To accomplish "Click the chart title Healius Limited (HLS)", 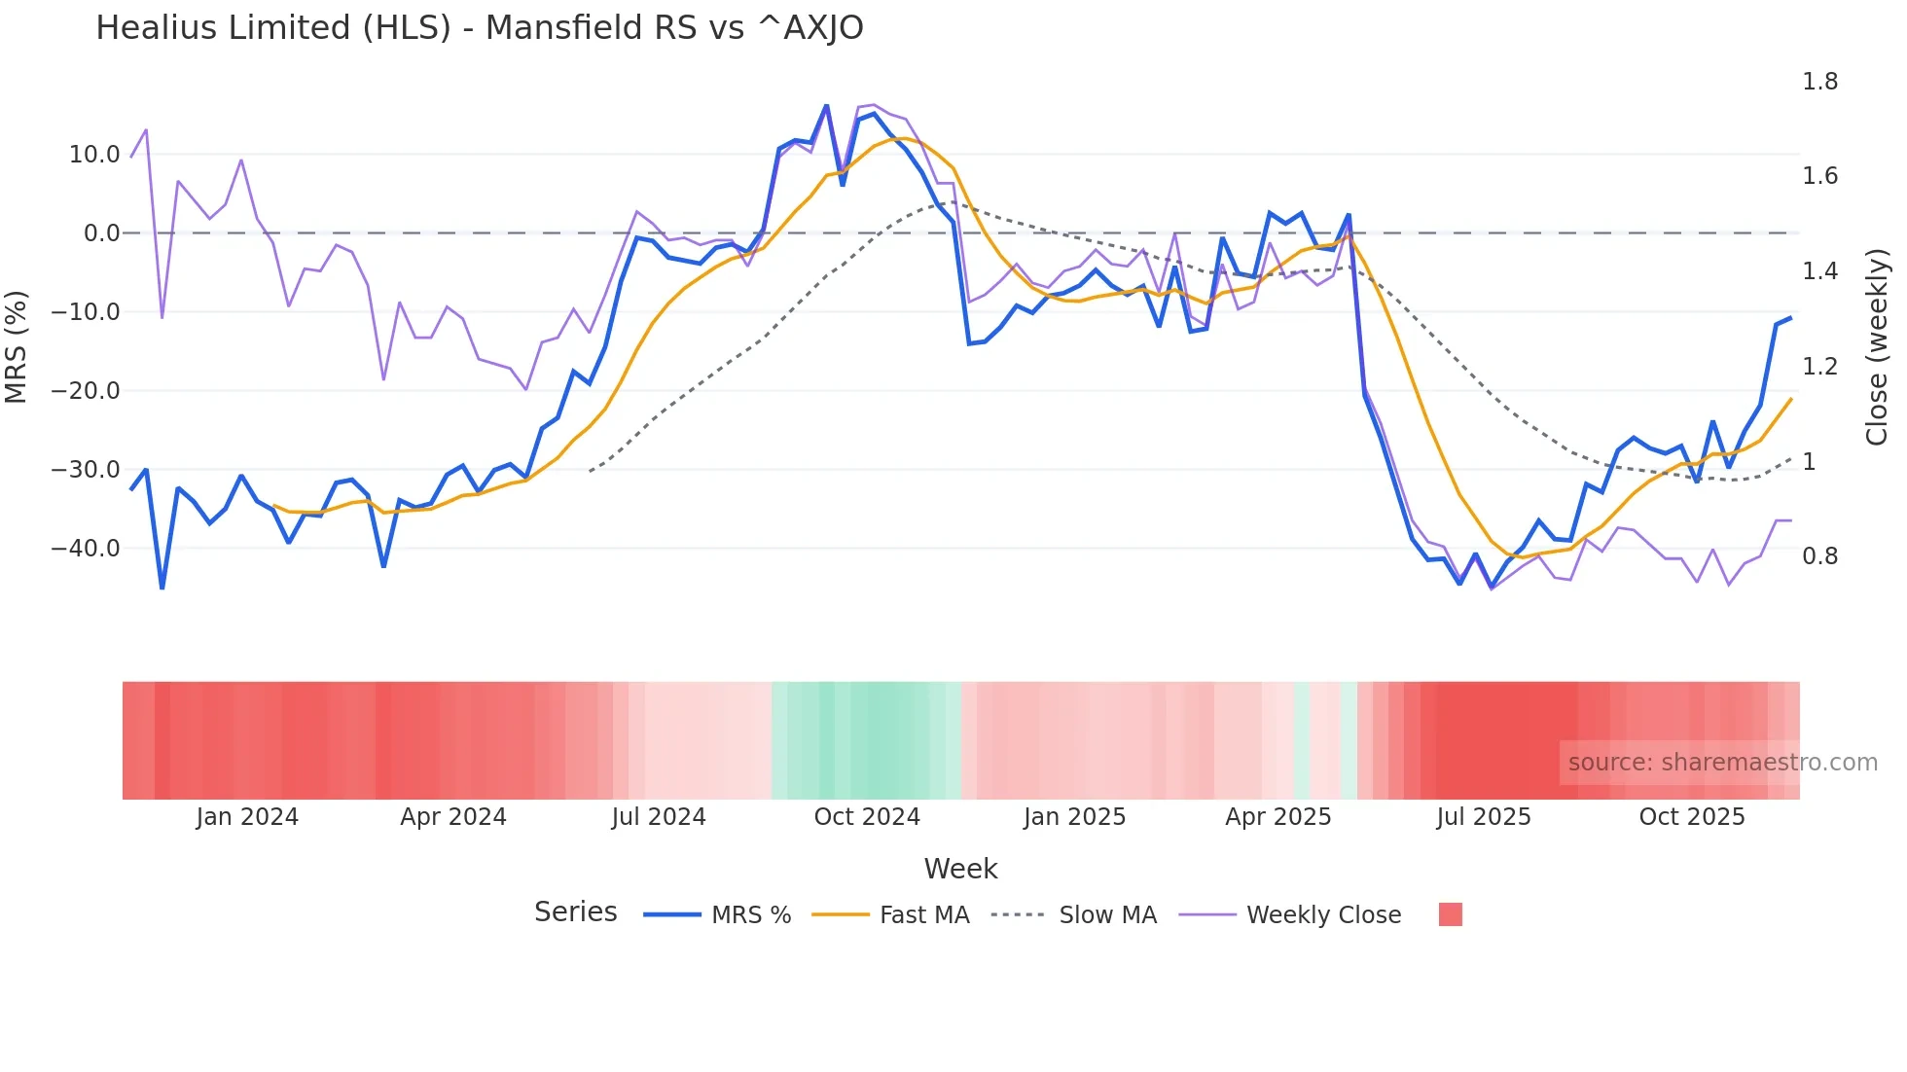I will (x=479, y=28).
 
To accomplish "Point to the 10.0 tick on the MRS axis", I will (x=94, y=155).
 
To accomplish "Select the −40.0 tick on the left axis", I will (x=86, y=549).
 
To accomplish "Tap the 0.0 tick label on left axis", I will (x=101, y=233).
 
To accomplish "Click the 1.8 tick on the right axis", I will (x=1819, y=82).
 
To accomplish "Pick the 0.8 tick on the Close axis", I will (x=1819, y=556).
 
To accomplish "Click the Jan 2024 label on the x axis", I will (x=247, y=817).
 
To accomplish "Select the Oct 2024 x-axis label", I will (x=867, y=817).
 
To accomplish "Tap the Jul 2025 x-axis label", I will (x=1484, y=817).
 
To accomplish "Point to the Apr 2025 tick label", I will (x=1277, y=817).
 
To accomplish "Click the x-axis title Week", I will (x=960, y=869).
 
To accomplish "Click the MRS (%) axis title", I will (x=17, y=347).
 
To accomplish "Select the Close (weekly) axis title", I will (x=1877, y=347).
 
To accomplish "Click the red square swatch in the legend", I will (x=1450, y=914).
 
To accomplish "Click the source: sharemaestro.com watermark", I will (x=1722, y=763).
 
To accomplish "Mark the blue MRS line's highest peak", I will (x=826, y=106).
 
